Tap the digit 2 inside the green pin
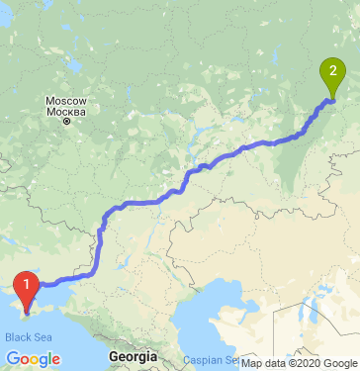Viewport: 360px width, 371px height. pos(333,70)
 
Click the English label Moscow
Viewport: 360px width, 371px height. pos(66,100)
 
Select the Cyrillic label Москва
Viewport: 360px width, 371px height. pos(66,110)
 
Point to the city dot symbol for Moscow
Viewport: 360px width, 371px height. pos(66,121)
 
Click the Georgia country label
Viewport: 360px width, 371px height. pos(133,354)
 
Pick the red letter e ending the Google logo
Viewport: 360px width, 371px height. pos(56,359)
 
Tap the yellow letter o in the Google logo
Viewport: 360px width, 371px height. pos(33,359)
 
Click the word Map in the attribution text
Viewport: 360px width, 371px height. pos(253,362)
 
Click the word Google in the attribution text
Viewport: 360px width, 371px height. pos(339,362)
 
